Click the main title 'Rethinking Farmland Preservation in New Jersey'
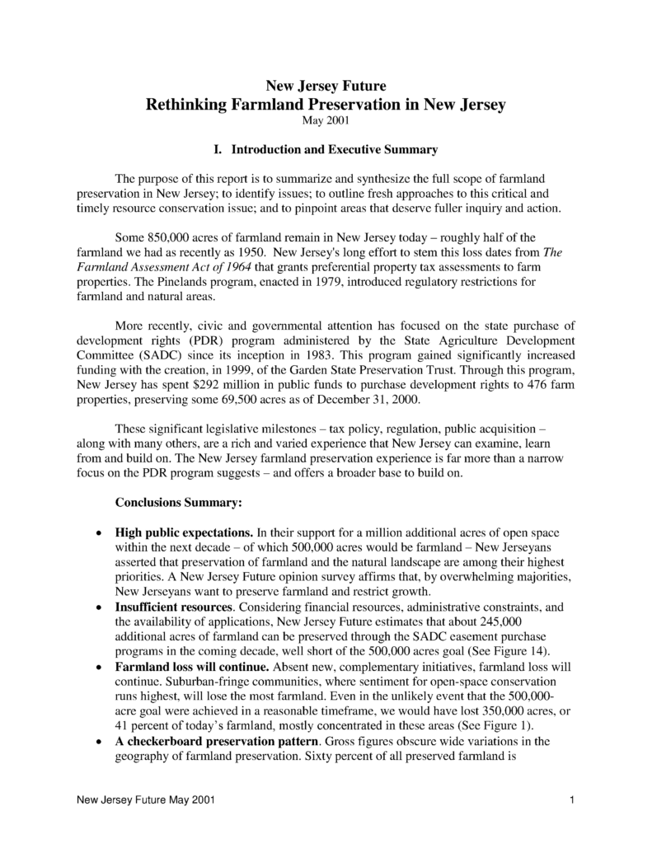coord(325,105)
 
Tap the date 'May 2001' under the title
coord(325,122)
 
